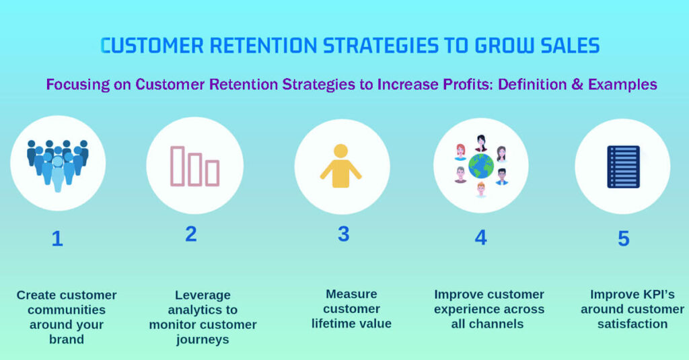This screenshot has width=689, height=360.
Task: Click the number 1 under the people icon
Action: click(57, 239)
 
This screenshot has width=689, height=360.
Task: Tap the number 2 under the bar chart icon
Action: click(191, 234)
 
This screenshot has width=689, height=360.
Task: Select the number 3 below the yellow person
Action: click(344, 234)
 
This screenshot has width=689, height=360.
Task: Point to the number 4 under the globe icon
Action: click(480, 238)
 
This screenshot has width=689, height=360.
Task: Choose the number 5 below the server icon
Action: click(623, 239)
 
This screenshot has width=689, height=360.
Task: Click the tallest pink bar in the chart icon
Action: click(178, 166)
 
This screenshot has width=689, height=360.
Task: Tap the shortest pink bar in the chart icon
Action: click(212, 173)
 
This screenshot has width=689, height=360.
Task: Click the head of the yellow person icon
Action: click(340, 151)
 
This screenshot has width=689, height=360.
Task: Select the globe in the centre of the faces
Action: click(481, 166)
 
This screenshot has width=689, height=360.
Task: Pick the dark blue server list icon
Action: click(623, 166)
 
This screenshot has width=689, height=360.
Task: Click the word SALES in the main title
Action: click(562, 46)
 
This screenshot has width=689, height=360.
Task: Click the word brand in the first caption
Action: click(66, 339)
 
